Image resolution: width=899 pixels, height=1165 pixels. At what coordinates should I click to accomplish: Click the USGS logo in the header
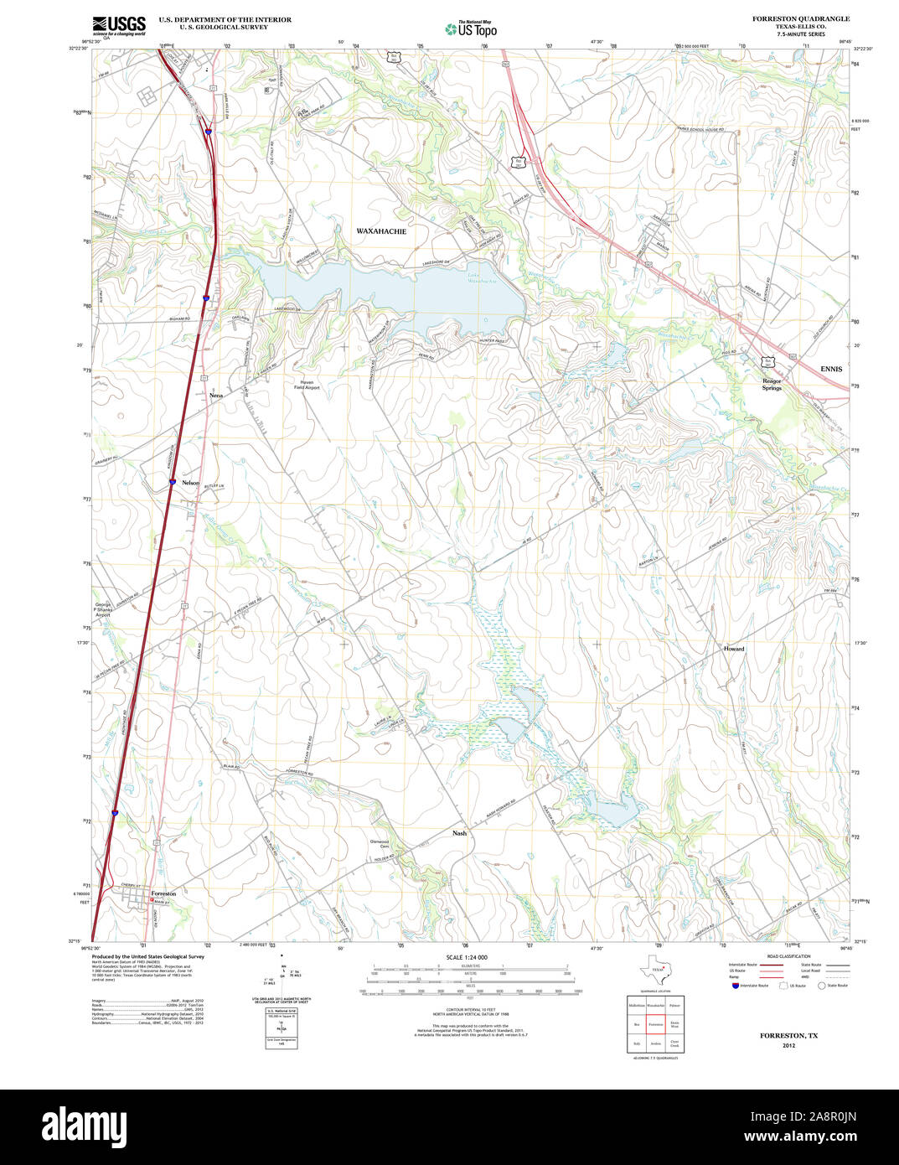(118, 24)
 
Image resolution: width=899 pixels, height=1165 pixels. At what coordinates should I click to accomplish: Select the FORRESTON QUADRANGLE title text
(800, 18)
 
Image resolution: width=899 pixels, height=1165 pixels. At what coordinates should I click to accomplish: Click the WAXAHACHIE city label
(381, 230)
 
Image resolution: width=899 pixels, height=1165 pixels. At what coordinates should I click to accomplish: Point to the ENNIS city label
(831, 369)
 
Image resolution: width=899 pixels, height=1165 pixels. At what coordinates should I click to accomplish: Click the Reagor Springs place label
(772, 385)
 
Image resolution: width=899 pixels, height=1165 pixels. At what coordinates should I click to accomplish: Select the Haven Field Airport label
(306, 385)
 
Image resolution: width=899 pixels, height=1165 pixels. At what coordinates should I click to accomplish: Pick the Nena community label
(216, 394)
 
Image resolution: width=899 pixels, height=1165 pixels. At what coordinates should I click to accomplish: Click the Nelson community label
(191, 483)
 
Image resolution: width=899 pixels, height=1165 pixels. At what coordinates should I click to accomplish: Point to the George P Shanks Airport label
(102, 609)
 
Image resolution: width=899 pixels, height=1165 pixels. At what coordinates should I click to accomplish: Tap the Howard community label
(734, 649)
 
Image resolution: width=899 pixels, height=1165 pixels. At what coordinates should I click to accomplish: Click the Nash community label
(459, 833)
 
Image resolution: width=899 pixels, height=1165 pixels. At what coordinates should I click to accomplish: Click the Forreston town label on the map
(163, 893)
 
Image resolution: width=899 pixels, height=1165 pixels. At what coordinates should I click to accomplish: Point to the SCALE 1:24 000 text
(467, 957)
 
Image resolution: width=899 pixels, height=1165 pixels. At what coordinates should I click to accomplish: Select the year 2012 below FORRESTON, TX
(788, 1045)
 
